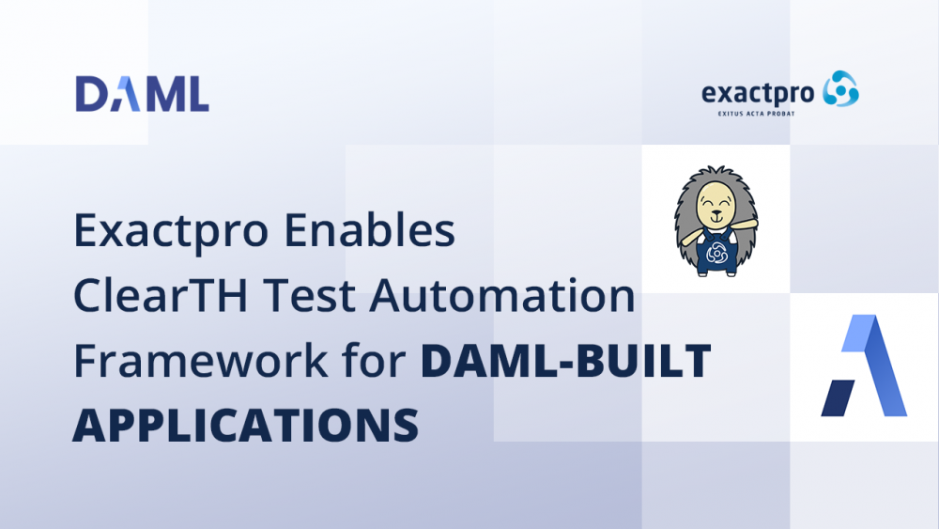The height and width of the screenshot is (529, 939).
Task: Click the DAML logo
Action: pyautogui.click(x=142, y=94)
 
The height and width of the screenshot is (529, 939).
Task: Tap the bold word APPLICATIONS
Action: pyautogui.click(x=246, y=425)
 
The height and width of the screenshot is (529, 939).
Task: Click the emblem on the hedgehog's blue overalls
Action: pyautogui.click(x=716, y=254)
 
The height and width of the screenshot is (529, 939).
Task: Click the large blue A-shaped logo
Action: pyautogui.click(x=864, y=366)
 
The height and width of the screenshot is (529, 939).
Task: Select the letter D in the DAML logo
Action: pyautogui.click(x=91, y=94)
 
